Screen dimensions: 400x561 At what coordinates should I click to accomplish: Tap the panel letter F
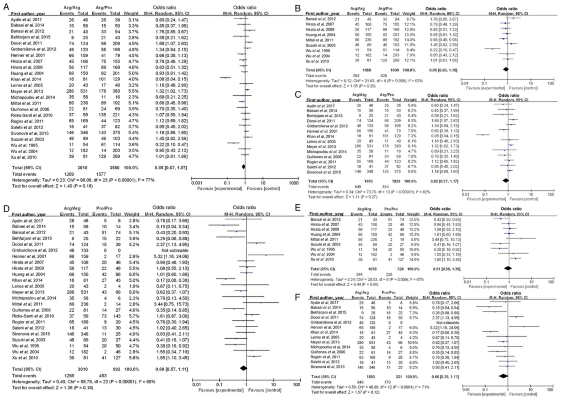[x=297, y=297]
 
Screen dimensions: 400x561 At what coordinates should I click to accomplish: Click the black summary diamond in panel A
[x=243, y=167]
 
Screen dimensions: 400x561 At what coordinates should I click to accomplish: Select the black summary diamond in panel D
[x=244, y=368]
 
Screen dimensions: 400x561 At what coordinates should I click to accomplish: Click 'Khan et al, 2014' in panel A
[x=26, y=79]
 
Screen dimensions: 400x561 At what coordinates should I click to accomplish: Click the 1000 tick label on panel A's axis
[x=294, y=183]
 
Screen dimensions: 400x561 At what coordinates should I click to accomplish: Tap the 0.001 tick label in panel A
[x=197, y=183]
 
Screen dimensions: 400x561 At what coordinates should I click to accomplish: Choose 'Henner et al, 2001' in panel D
[x=29, y=256]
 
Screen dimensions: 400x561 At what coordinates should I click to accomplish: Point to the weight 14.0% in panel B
[x=409, y=40]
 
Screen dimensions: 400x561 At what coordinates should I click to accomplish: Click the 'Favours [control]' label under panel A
[x=263, y=189]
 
